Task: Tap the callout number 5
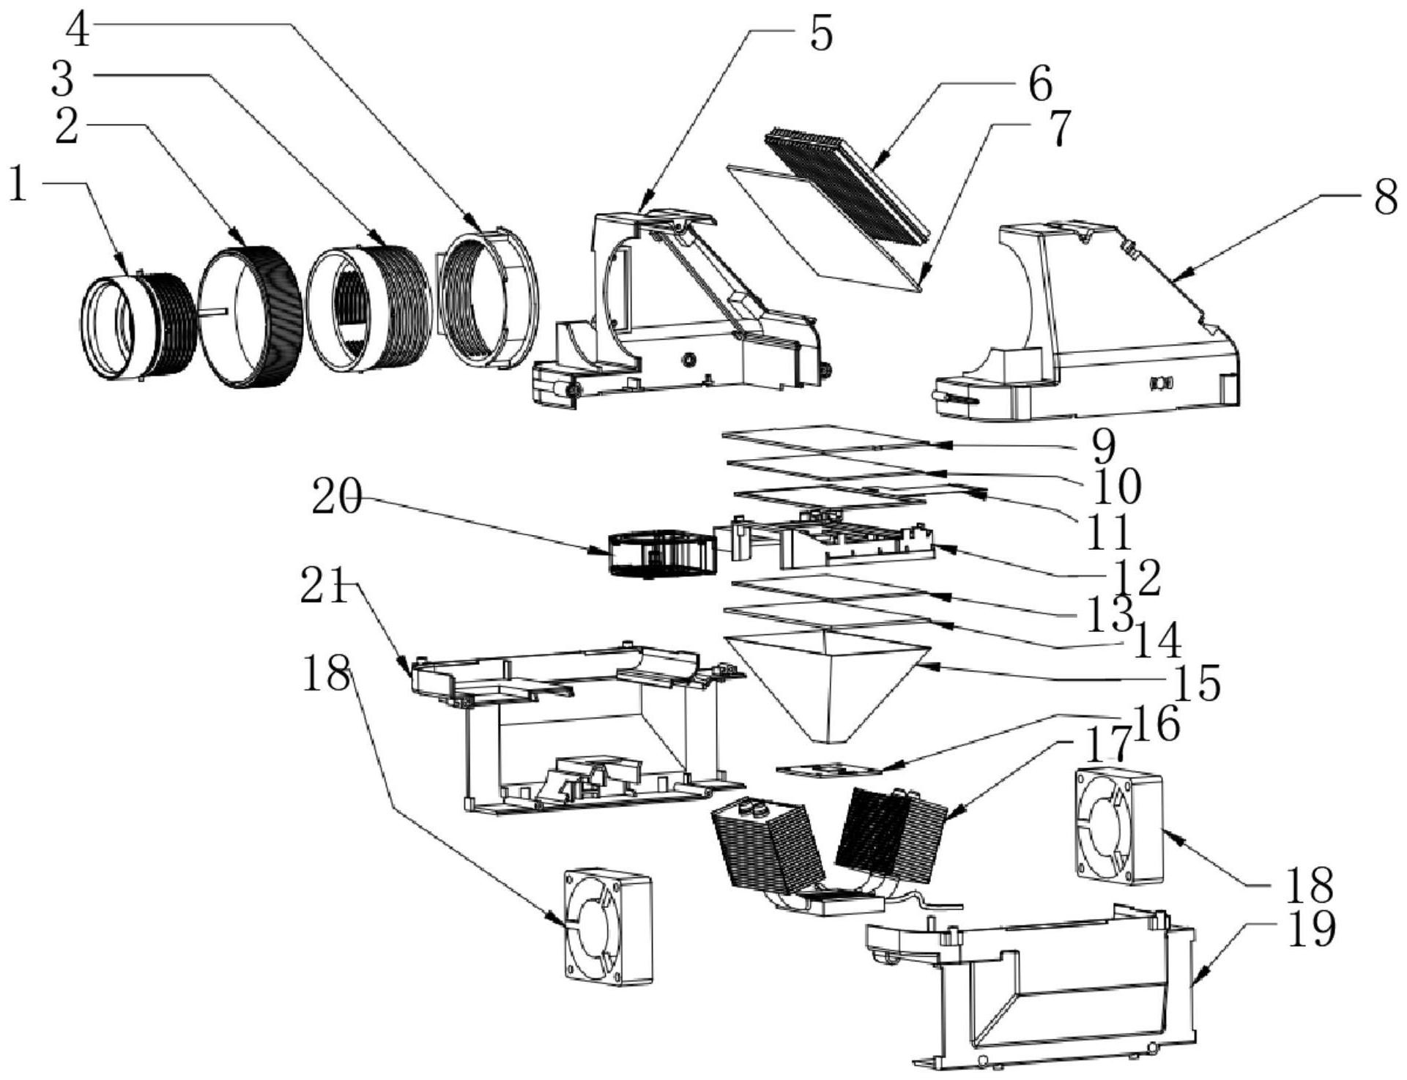[x=821, y=33]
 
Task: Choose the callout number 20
[x=336, y=499]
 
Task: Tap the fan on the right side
[x=1118, y=824]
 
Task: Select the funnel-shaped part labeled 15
[x=828, y=681]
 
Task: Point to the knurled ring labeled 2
[x=251, y=315]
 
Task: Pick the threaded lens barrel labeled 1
[x=139, y=326]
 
